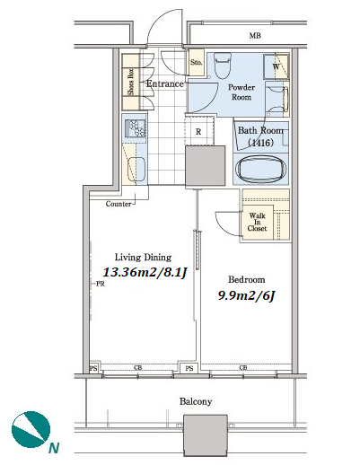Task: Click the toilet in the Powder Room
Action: click(x=223, y=66)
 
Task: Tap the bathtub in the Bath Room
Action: click(x=259, y=170)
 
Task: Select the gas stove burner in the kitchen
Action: click(x=136, y=128)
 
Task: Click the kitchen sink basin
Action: click(x=136, y=170)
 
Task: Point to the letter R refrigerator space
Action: click(x=198, y=132)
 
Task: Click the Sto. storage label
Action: click(x=197, y=62)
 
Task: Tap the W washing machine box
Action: click(x=277, y=66)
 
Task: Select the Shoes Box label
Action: click(x=131, y=82)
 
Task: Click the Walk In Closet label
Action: click(x=258, y=222)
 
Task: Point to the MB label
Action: click(x=255, y=36)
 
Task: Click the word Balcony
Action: click(x=196, y=401)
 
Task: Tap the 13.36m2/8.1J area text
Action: click(x=145, y=272)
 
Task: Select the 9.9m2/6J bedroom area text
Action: click(x=246, y=295)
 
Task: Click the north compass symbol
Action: click(x=31, y=429)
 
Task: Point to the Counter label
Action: click(x=119, y=204)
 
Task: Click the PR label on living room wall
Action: click(x=101, y=284)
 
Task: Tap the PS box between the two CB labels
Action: click(x=189, y=368)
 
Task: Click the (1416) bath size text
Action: click(x=260, y=143)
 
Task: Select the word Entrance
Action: click(x=165, y=83)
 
